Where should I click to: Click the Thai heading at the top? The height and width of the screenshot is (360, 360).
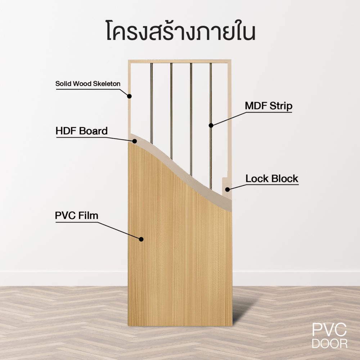(181, 31)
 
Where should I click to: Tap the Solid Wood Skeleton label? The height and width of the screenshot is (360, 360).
(88, 84)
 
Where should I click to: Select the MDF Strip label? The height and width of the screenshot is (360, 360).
(269, 106)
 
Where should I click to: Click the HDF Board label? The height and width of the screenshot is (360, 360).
(81, 131)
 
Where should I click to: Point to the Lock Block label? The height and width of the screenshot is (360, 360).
(272, 179)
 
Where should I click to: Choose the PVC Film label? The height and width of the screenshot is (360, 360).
(77, 216)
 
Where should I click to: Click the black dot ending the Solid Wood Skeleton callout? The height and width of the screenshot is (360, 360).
(130, 96)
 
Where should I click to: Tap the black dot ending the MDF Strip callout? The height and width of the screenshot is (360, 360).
(211, 125)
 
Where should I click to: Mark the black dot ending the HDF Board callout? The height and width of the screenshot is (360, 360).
(135, 141)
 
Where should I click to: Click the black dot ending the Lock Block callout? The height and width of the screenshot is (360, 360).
(227, 189)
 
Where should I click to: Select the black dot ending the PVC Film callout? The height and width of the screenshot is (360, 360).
(141, 239)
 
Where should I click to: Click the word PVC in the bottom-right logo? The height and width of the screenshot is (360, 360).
(329, 330)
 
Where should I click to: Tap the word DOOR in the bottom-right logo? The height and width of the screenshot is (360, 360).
(330, 344)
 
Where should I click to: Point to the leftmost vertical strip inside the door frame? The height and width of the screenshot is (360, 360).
(152, 103)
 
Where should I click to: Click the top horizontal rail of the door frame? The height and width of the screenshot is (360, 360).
(180, 62)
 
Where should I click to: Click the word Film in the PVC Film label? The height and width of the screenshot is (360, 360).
(89, 216)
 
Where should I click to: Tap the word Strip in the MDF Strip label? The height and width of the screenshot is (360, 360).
(281, 106)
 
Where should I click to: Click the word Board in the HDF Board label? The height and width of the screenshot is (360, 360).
(94, 131)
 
